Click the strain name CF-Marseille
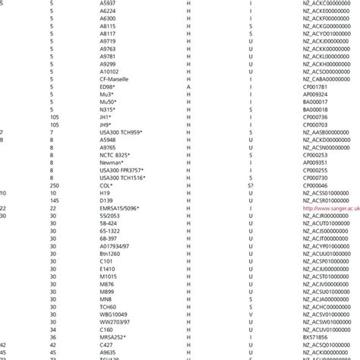(x=112, y=78)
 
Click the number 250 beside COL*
(x=53, y=185)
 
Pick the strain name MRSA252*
(x=112, y=336)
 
